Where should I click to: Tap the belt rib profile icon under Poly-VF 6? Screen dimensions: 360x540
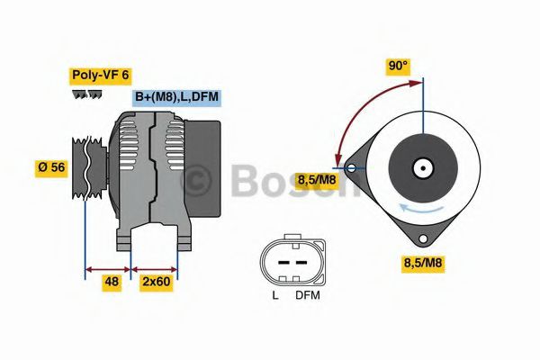point(86,94)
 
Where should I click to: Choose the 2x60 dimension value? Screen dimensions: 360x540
point(155,281)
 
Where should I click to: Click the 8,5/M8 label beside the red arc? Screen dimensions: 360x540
point(318,180)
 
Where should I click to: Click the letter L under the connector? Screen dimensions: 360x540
point(275,295)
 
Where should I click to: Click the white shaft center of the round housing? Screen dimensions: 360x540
point(420,167)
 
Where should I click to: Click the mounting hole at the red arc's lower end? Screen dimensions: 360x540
point(349,166)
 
